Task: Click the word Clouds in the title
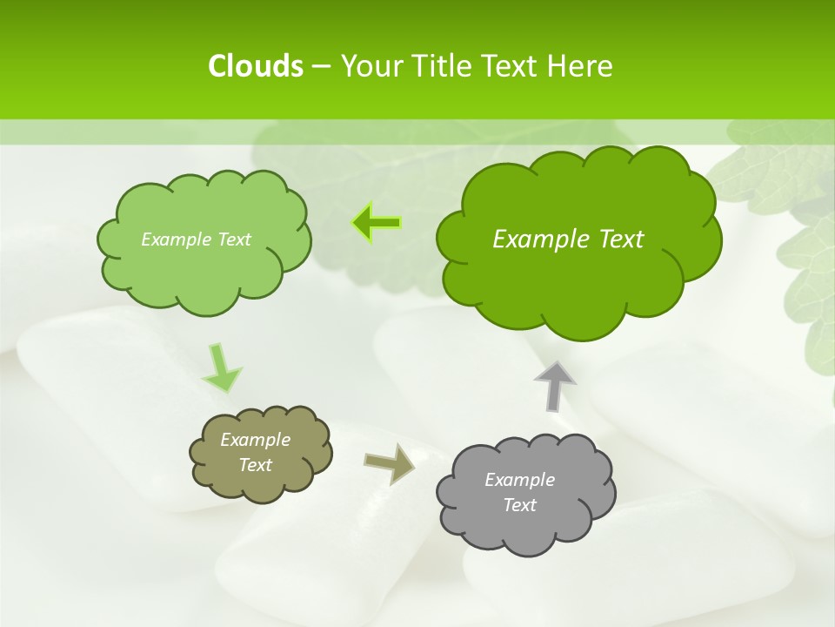pos(255,66)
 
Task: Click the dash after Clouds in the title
pos(320,66)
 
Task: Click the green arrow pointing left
pos(377,223)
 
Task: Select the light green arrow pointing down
pos(222,367)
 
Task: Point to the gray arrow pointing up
pos(555,384)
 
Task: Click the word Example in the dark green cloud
pos(534,239)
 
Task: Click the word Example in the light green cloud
pos(174,239)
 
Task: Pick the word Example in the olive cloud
pos(256,440)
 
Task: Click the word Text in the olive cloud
pos(256,465)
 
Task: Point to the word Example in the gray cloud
pos(519,480)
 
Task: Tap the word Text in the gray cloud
pos(519,505)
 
